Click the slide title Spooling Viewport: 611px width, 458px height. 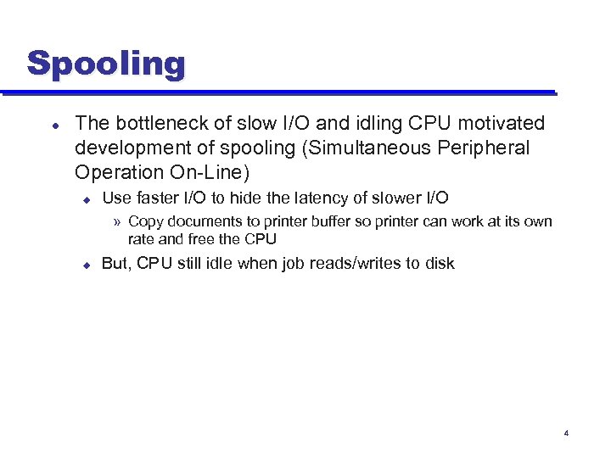(x=105, y=64)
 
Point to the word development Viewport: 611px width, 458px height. (x=128, y=148)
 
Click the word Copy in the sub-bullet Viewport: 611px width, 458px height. (x=145, y=221)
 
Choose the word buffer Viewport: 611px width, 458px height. (x=338, y=221)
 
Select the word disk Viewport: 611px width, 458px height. (x=438, y=263)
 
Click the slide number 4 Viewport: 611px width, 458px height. (x=566, y=433)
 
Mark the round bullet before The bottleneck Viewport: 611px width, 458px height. (x=54, y=124)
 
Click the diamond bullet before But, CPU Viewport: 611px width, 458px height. (x=86, y=264)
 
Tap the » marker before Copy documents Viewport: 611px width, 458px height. (x=118, y=222)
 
